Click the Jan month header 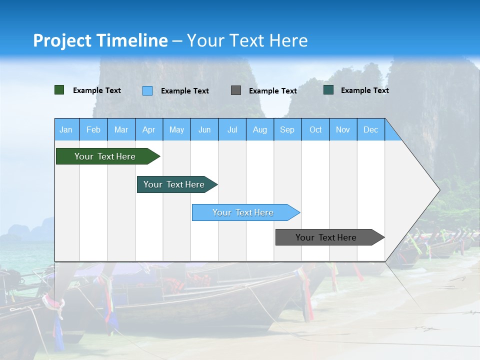click(x=66, y=129)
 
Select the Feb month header click(x=93, y=129)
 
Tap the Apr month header click(x=148, y=129)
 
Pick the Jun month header click(x=204, y=129)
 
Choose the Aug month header click(x=259, y=129)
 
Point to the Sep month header click(x=287, y=129)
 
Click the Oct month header click(x=315, y=129)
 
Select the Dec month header click(x=370, y=129)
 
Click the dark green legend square click(x=59, y=90)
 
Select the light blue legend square click(x=147, y=90)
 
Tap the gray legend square click(x=236, y=90)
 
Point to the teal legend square click(x=328, y=90)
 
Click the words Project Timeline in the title click(x=100, y=40)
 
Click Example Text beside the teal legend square click(x=364, y=90)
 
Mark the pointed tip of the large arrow click(x=439, y=189)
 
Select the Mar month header click(x=121, y=129)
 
